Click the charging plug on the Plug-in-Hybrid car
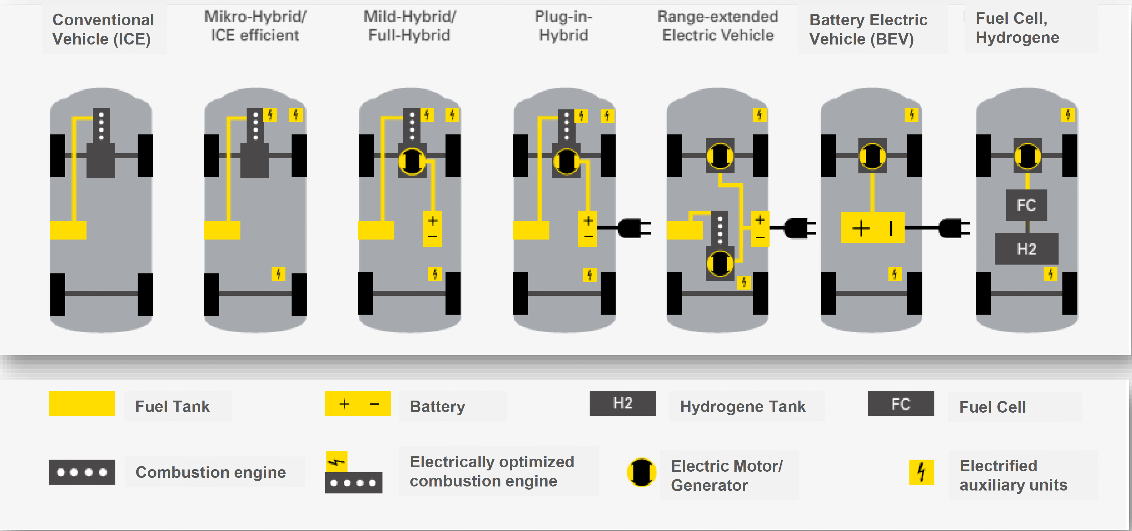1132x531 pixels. tap(633, 228)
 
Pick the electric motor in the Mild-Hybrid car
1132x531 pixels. tap(412, 161)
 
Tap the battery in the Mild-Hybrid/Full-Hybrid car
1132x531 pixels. tap(432, 228)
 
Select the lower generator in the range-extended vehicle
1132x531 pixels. tap(720, 264)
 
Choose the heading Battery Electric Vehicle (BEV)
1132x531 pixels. tap(868, 29)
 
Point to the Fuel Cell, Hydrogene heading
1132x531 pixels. tap(1017, 28)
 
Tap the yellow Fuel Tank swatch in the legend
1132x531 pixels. tap(82, 403)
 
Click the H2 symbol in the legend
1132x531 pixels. tap(622, 403)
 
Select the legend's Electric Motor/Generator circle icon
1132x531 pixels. tap(642, 473)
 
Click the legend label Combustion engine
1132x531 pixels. tap(211, 472)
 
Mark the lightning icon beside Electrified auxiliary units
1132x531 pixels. tap(921, 472)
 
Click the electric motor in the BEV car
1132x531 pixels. tap(872, 156)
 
